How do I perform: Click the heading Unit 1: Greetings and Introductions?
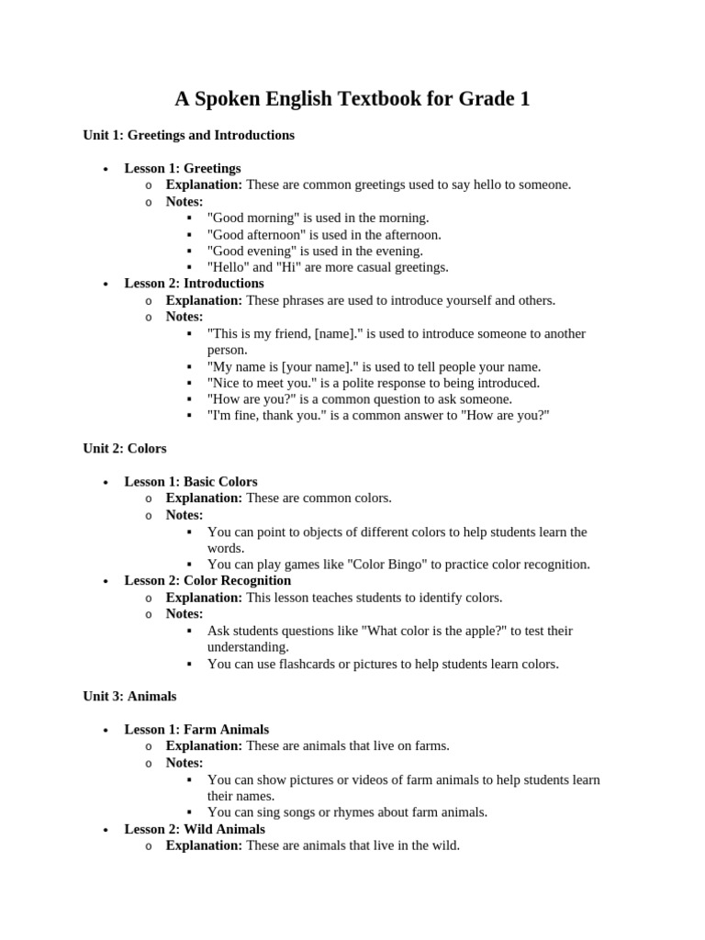pos(188,135)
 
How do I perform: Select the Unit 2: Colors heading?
pos(125,448)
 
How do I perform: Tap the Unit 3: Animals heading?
pos(129,696)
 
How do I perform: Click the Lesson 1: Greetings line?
pos(183,168)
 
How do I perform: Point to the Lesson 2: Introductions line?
pos(194,284)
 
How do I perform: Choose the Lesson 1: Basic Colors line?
pos(191,481)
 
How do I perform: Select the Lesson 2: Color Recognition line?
pos(207,580)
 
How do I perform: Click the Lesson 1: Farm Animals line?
pos(196,729)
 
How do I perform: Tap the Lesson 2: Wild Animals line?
pos(195,829)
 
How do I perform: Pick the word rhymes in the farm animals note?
pos(339,812)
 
